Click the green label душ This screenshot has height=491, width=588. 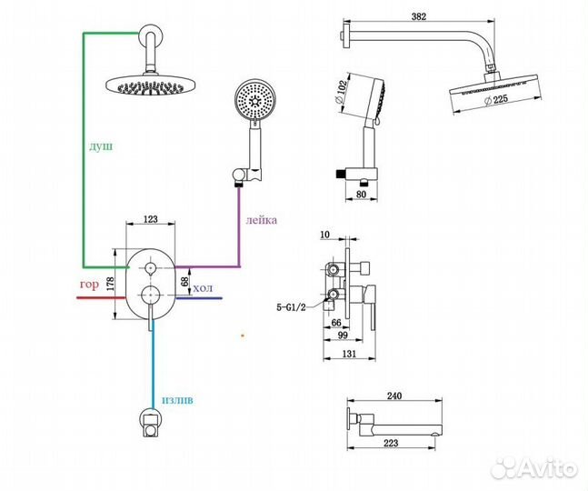tap(101, 145)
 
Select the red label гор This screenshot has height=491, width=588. tap(89, 285)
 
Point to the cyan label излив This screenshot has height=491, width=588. tap(180, 399)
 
